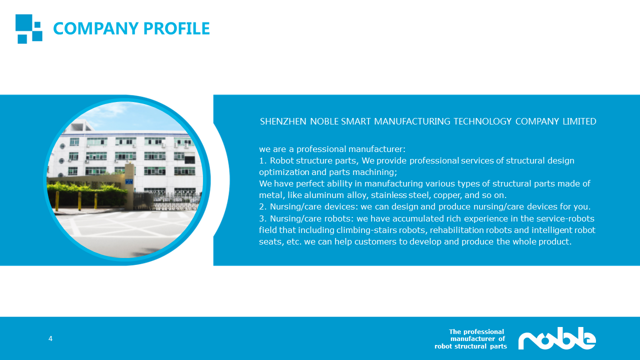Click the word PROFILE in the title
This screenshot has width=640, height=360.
[176, 28]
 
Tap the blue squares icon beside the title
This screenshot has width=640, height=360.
[29, 29]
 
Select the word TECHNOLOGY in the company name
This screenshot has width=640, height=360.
[482, 121]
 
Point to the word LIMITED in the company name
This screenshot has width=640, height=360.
[579, 121]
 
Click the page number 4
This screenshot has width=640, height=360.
[50, 338]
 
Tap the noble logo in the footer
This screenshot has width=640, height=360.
[557, 338]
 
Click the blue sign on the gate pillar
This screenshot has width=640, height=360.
[129, 181]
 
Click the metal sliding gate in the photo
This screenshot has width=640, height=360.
[167, 201]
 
